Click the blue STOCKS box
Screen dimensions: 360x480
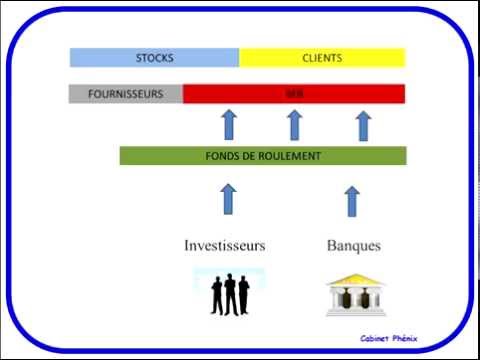point(154,58)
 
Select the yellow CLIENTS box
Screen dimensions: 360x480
point(322,58)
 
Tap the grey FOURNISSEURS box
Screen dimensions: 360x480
point(126,94)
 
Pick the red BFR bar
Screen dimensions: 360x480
point(294,94)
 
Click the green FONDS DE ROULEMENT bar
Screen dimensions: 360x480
point(263,156)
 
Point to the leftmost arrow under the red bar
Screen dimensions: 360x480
point(227,125)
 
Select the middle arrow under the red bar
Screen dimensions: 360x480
point(294,125)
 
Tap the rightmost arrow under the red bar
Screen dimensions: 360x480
point(363,125)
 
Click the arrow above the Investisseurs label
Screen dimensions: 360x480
point(227,198)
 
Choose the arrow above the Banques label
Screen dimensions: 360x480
point(351,200)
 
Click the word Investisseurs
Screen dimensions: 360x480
point(225,245)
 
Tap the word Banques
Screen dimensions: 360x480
point(354,245)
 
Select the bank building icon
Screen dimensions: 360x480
point(352,295)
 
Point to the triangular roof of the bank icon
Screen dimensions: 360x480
point(352,280)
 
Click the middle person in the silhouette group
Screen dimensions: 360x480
point(230,294)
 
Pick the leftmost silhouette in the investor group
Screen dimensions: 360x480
point(217,296)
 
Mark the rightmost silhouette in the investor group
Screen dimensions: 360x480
point(243,296)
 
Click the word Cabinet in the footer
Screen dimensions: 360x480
point(379,338)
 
